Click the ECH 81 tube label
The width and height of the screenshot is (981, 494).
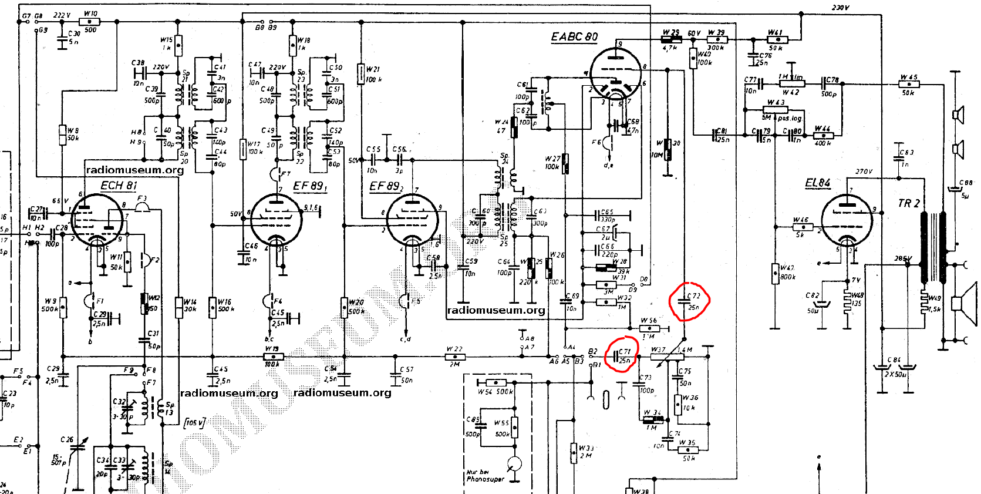[119, 186]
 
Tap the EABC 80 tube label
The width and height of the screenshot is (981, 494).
[574, 37]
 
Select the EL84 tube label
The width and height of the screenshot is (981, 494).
[817, 183]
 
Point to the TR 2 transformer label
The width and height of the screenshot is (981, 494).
[908, 203]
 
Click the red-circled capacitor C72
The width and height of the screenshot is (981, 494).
[689, 301]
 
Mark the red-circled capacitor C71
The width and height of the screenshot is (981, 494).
[622, 355]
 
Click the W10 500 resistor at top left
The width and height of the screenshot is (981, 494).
[90, 22]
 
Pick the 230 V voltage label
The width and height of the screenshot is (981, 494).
[840, 8]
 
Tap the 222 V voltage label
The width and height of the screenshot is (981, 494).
[62, 15]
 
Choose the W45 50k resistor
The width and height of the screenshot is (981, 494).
[909, 85]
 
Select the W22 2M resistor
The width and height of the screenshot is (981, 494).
[454, 357]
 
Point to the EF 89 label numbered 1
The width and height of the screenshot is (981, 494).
[310, 186]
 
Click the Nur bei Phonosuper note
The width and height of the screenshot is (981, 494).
[484, 475]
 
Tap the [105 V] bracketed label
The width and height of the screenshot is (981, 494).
[194, 422]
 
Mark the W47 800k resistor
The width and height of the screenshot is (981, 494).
[776, 273]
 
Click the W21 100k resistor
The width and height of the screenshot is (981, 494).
[360, 74]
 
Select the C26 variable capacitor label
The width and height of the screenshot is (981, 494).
[67, 439]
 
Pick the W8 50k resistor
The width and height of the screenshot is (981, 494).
[62, 135]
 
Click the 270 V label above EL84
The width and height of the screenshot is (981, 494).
[864, 172]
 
